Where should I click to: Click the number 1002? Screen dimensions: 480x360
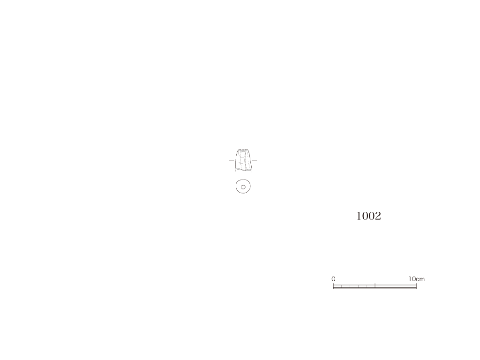point(368,216)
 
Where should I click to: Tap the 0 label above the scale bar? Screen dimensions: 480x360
point(333,279)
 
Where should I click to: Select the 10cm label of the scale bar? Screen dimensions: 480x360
point(416,279)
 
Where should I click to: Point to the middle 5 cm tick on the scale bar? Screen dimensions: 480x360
point(375,285)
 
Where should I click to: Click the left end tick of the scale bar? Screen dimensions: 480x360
point(333,285)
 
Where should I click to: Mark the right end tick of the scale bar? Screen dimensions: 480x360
point(416,285)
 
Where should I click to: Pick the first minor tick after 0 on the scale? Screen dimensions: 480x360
point(342,286)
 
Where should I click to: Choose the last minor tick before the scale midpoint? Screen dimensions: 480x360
point(367,286)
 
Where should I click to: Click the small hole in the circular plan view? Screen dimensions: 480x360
point(243,187)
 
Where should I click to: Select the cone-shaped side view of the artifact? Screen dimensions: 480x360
point(243,159)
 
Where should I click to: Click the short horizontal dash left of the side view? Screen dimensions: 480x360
point(232,160)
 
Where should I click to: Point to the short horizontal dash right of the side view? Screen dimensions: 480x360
point(254,160)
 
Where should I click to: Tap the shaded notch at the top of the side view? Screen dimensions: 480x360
point(243,150)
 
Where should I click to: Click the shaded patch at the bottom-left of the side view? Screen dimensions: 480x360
point(239,168)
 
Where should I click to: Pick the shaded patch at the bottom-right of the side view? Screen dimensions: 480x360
point(248,169)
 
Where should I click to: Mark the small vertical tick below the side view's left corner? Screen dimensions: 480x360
point(235,171)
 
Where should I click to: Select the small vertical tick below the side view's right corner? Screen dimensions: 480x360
point(252,172)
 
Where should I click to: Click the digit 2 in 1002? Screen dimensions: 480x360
point(378,216)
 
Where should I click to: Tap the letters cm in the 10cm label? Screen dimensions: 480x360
point(420,279)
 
